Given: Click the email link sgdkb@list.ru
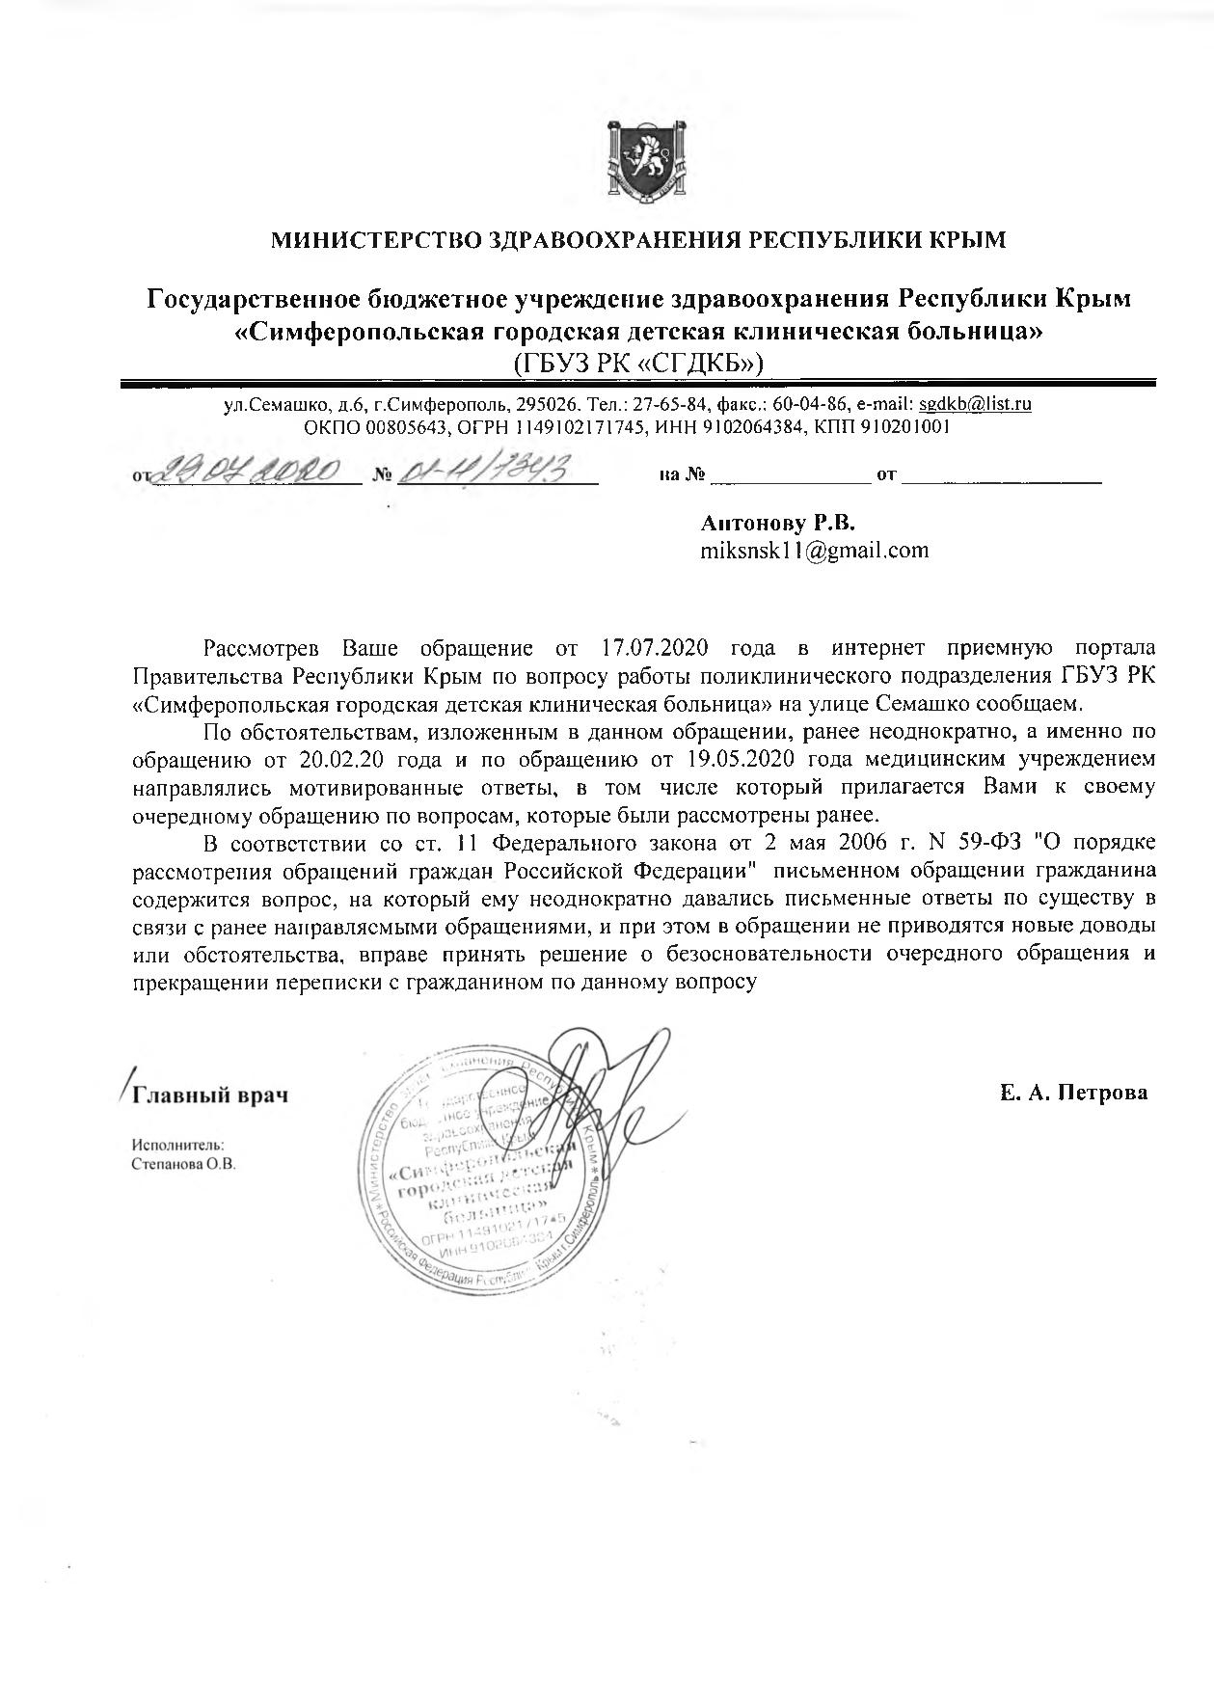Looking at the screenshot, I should pos(975,405).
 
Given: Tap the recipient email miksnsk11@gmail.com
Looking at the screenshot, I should pos(815,551).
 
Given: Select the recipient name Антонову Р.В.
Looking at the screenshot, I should pos(778,523).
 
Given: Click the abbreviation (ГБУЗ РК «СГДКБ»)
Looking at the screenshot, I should pos(638,363).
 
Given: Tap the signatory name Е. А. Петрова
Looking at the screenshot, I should pos(1073,1093).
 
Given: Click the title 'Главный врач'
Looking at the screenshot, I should pos(210,1095).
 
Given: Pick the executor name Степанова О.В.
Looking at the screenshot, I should pos(183,1164).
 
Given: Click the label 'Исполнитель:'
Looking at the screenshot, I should pos(177,1145).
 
